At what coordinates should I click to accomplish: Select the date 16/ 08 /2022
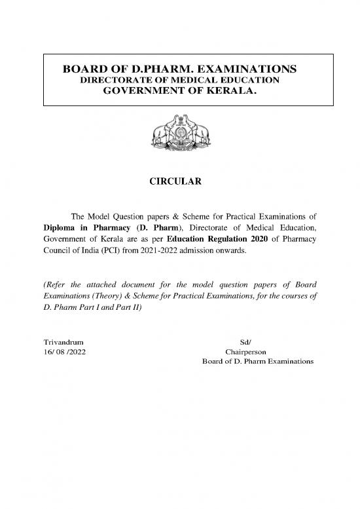[x=63, y=352]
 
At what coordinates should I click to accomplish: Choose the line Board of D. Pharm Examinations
[x=259, y=362]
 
